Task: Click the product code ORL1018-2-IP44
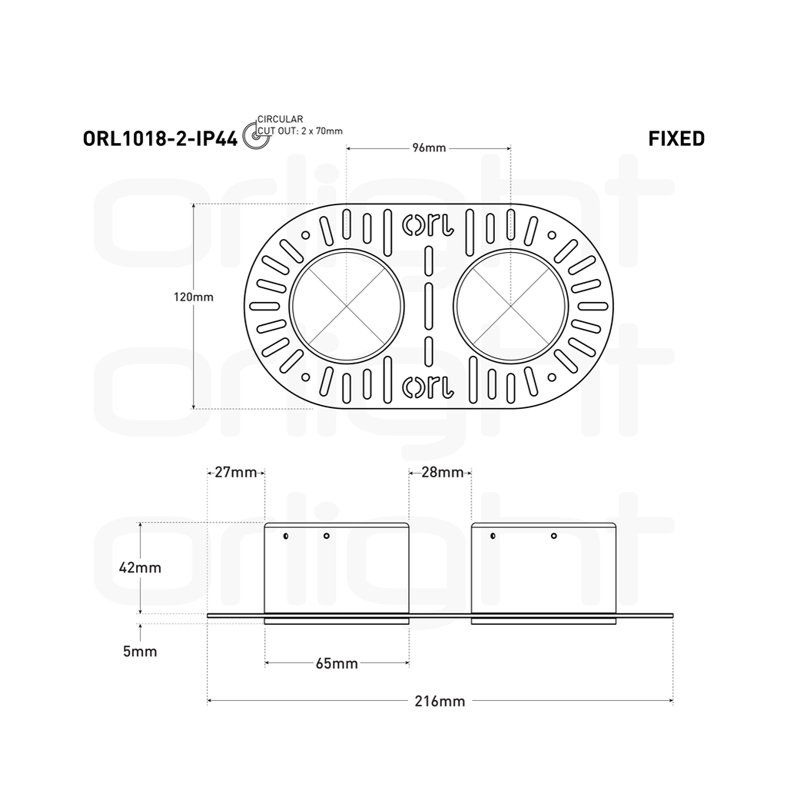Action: point(160,138)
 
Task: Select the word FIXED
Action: point(676,138)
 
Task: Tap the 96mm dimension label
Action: point(429,148)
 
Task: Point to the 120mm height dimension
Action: point(194,297)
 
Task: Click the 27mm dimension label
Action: point(236,473)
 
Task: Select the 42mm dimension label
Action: point(140,568)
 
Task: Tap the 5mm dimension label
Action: point(140,652)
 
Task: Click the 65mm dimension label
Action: point(337,663)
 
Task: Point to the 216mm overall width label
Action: point(440,701)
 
